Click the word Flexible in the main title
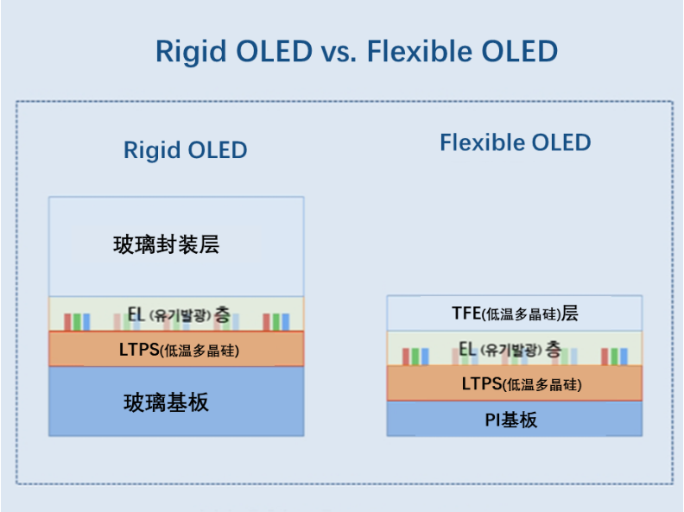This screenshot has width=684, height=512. [x=419, y=51]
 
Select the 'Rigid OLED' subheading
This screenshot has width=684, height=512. [x=186, y=150]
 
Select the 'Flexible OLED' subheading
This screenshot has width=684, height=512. [x=516, y=142]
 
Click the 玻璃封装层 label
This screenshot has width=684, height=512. [x=166, y=244]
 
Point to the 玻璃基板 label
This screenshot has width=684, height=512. [x=166, y=402]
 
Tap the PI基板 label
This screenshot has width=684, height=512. [x=510, y=420]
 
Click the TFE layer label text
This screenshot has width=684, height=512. [x=515, y=313]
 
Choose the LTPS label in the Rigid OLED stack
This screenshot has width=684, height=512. [x=179, y=350]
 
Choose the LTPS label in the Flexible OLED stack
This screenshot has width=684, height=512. [x=522, y=384]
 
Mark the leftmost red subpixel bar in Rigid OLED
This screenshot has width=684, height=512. [x=67, y=322]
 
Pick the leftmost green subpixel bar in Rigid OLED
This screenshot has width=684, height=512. [x=77, y=322]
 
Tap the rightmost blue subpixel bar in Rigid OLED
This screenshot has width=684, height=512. [x=286, y=322]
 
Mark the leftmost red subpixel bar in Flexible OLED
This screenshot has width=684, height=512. [x=406, y=357]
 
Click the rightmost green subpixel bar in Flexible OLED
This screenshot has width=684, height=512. [x=615, y=357]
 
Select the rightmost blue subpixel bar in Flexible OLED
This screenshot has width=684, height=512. [x=624, y=357]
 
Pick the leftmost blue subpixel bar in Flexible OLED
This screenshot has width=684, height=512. [x=425, y=357]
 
